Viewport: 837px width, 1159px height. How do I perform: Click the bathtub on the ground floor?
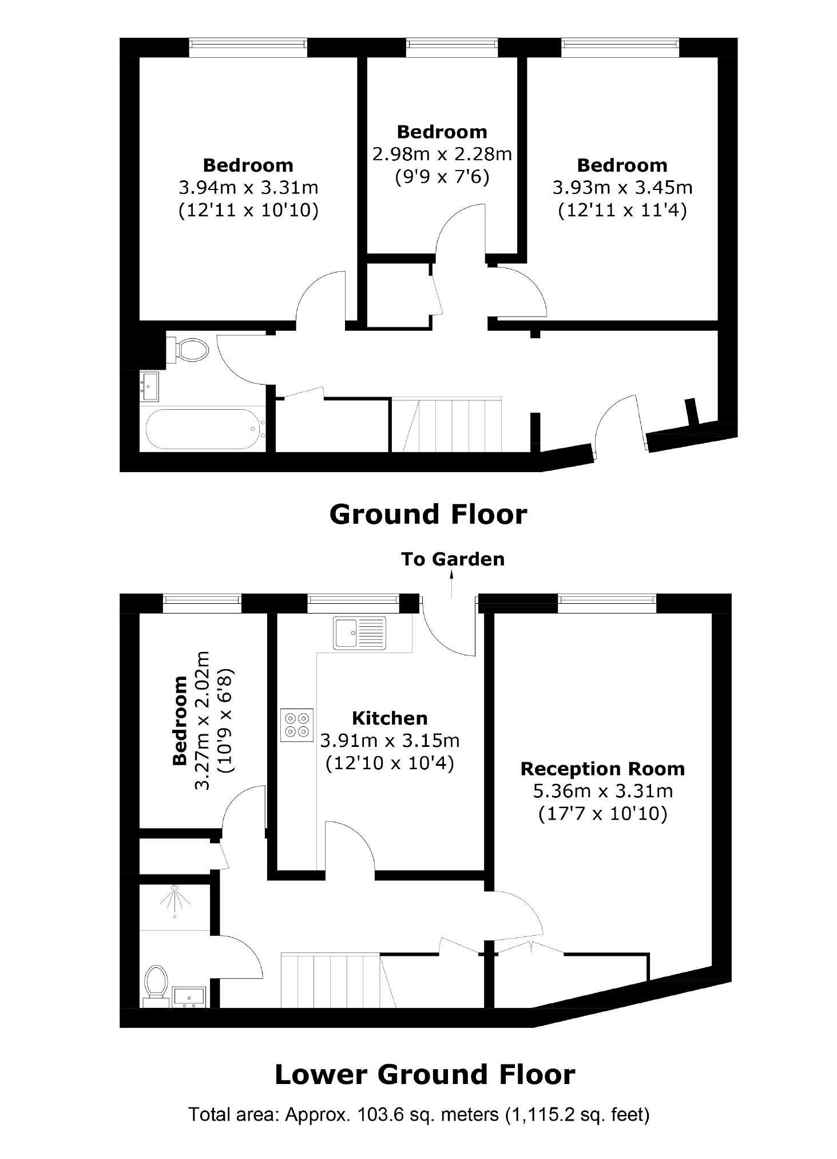point(203,429)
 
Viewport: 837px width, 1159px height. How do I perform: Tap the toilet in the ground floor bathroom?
point(189,349)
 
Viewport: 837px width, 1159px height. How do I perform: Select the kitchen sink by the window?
point(360,633)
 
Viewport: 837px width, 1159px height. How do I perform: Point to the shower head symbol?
point(174,900)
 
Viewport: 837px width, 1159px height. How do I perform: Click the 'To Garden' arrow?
point(452,584)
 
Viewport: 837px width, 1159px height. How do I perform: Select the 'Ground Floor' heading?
point(428,514)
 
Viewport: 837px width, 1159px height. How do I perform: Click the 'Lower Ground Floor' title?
point(425,1074)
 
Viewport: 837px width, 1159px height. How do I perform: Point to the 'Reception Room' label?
point(602,768)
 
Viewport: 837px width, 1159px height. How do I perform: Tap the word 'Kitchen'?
point(390,718)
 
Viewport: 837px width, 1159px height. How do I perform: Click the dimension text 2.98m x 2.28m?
point(442,154)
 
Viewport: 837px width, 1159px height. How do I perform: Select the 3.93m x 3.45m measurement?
point(622,187)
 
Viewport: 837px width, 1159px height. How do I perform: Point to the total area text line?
point(419,1114)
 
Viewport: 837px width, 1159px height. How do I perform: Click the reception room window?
point(607,599)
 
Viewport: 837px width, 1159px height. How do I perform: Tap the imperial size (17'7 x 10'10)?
point(603,813)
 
